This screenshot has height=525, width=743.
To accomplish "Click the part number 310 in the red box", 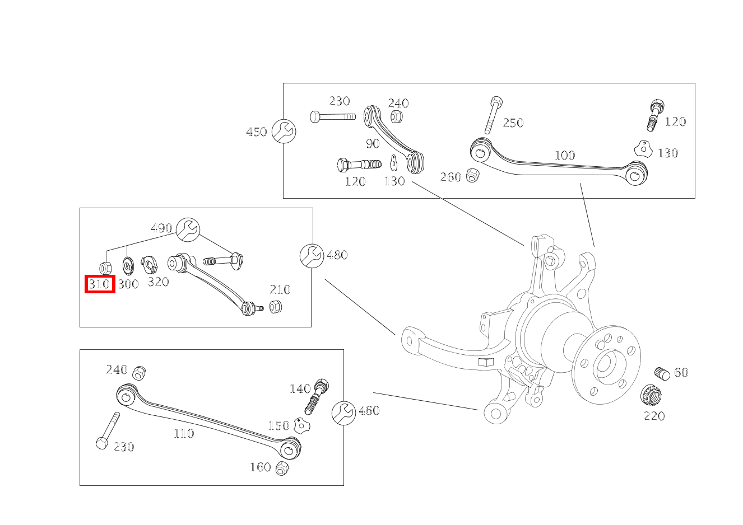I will (x=100, y=284).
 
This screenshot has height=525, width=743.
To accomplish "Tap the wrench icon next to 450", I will (x=284, y=132).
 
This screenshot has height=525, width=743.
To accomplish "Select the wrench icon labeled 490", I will (x=188, y=229).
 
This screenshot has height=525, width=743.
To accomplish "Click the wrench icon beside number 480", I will (x=311, y=256).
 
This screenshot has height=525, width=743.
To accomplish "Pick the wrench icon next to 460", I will (x=343, y=413).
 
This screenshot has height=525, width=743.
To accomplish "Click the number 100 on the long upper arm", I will (x=564, y=155).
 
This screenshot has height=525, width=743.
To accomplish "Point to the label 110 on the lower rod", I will (x=183, y=433).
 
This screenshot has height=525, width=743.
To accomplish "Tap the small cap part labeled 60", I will (x=662, y=373).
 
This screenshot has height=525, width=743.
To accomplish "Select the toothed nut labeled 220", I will (x=650, y=396).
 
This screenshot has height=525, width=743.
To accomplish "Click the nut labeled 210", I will (x=275, y=307).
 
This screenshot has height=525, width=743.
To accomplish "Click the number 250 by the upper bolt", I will (x=513, y=123).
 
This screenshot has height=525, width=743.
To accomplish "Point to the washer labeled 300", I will (x=128, y=264).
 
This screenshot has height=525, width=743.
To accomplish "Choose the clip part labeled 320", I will (x=150, y=264).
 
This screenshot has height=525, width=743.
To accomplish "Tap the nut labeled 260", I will (x=472, y=175).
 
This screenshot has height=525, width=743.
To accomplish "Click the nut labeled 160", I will (x=282, y=468).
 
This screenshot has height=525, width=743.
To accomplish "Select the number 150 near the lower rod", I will (x=278, y=426).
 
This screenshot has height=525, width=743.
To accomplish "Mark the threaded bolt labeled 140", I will (x=317, y=395).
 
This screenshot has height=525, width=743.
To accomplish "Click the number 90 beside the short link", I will (x=373, y=144).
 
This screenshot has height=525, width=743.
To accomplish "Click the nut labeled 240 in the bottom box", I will (x=139, y=372).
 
